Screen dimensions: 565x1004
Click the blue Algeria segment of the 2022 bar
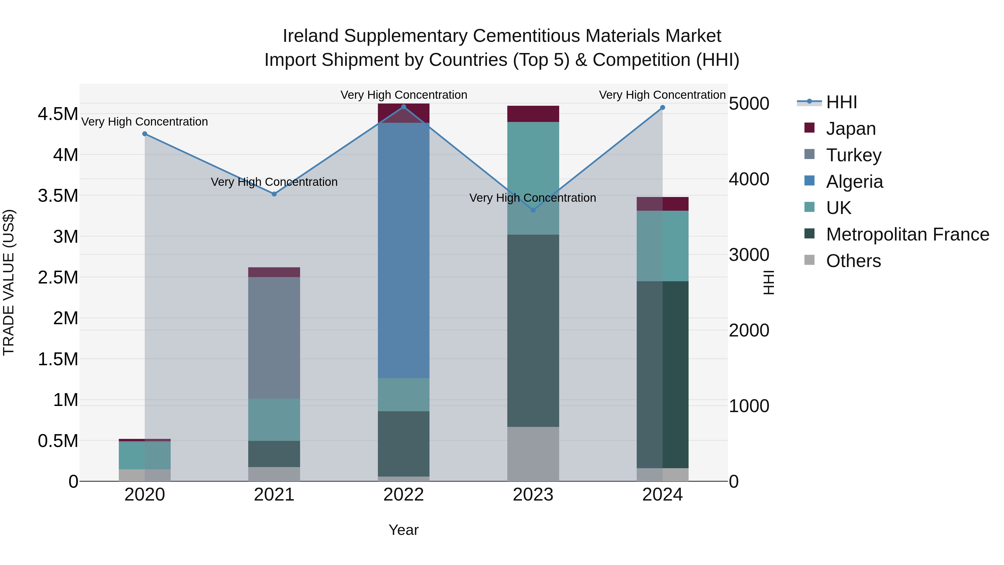(x=403, y=249)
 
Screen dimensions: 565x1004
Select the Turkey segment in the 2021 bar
(x=274, y=337)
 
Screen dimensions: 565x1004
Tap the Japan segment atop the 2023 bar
(x=533, y=114)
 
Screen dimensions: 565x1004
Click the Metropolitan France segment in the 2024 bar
(x=663, y=374)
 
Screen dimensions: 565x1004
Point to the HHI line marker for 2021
(x=274, y=194)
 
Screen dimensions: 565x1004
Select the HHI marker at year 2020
(x=144, y=134)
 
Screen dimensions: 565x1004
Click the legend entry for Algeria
(x=854, y=182)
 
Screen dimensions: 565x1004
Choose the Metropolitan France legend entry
(x=907, y=234)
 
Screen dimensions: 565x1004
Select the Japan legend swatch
(x=810, y=128)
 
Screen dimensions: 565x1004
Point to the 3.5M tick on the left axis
(x=58, y=196)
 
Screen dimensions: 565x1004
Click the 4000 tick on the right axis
(x=749, y=179)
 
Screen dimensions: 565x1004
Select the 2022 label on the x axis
(x=403, y=495)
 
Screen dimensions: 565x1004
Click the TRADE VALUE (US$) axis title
(x=9, y=282)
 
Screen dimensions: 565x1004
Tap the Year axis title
(x=403, y=530)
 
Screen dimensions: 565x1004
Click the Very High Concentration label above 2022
(x=403, y=95)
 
